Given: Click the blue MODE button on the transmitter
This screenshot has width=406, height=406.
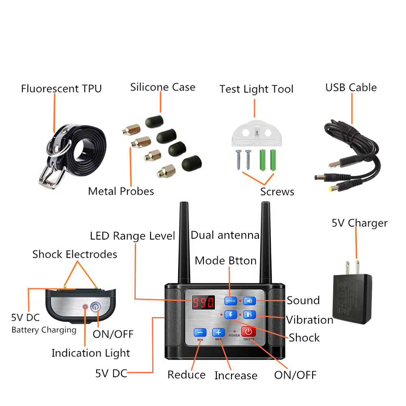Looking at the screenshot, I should point(231,301).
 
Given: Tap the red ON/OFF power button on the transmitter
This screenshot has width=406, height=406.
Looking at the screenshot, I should point(248,332).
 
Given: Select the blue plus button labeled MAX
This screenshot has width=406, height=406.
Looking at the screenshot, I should point(218,333).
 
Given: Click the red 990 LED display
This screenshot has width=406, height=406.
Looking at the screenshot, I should point(203,303).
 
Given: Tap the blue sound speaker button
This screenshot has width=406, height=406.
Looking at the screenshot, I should point(249,301).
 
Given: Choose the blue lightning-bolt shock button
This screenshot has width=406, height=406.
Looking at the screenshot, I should point(231,315).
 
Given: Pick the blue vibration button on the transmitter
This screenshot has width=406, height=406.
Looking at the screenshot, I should point(249,315).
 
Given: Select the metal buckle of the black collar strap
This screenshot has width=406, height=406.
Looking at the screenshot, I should point(50,177).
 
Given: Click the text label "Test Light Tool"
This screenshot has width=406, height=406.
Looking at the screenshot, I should point(256,89).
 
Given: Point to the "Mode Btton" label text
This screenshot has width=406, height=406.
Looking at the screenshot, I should point(225,260).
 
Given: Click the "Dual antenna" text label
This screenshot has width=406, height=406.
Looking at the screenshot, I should point(225,235).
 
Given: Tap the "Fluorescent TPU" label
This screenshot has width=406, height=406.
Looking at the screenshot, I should point(61,89).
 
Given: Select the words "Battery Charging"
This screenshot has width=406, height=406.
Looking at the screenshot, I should point(44,330).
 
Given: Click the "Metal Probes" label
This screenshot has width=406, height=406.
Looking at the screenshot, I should point(121,191).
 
